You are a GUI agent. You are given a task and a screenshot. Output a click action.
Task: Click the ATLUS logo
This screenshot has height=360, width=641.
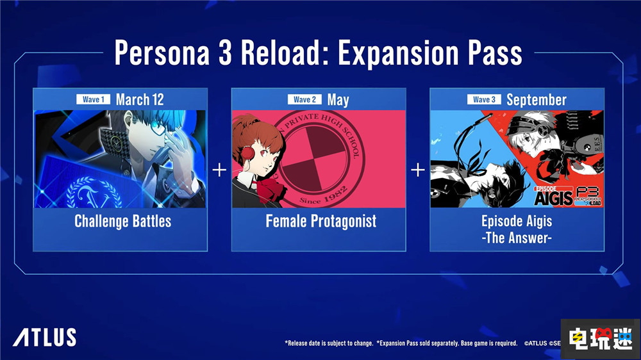point(44,337)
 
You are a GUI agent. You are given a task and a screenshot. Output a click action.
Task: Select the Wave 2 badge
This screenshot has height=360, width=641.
point(304,99)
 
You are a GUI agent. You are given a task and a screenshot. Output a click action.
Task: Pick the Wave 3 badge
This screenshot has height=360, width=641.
point(484,99)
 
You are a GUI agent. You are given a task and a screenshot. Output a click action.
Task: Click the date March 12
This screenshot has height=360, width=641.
point(140,99)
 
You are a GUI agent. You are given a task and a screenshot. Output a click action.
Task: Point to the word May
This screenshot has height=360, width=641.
point(338,99)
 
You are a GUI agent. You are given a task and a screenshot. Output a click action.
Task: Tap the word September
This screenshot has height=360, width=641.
point(536,99)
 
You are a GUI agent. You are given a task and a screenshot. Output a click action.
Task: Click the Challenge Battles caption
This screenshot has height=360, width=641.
point(122,222)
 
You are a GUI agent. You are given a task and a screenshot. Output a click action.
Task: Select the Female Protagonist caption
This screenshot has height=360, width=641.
point(321,222)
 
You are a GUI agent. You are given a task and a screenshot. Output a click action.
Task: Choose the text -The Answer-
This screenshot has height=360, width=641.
point(517,237)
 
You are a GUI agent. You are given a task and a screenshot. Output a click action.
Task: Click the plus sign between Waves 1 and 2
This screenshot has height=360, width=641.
point(219,170)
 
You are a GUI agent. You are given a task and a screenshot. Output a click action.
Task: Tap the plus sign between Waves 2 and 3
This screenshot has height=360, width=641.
point(417,170)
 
